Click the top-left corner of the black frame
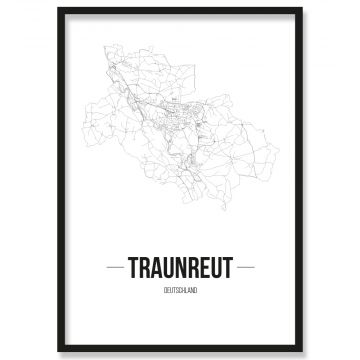pyautogui.click(x=59, y=9)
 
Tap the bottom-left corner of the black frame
pyautogui.click(x=59, y=351)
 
